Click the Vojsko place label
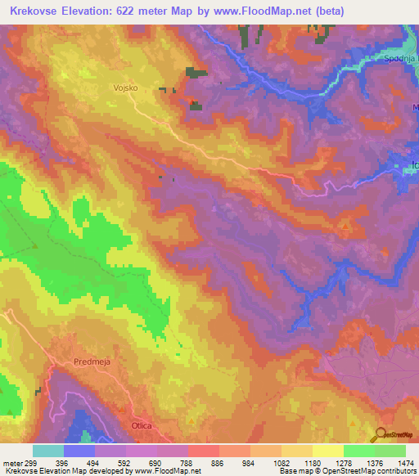pos(127,85)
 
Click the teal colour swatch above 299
pos(48,451)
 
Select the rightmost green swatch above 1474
pos(390,451)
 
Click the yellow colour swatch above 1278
pos(327,451)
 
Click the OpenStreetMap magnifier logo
pos(381,434)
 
